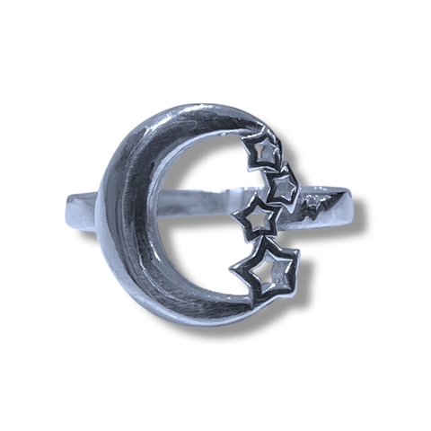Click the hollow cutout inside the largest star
point(265,270)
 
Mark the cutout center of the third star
point(256,217)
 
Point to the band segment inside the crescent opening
point(207,205)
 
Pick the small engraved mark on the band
point(312,203)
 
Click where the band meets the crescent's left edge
point(101,211)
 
